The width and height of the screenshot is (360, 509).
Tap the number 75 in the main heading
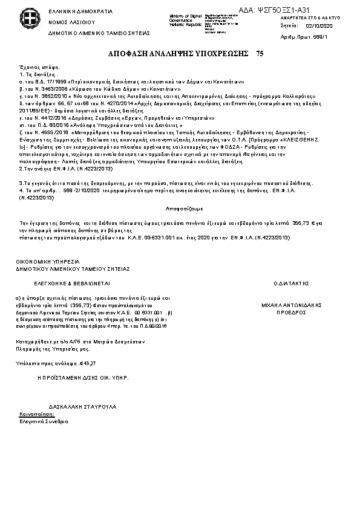coord(260,54)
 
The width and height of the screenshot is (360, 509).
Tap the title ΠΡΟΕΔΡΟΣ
coord(291,314)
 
